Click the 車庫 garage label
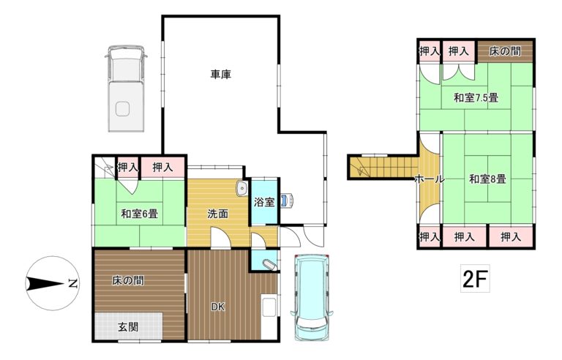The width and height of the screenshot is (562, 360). coord(220,74)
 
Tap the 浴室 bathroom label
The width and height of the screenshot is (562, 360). coord(264,202)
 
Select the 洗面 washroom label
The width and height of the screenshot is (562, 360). coord(218,214)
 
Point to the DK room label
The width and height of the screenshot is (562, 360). coord(217,307)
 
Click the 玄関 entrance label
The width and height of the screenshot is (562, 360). coord(128,326)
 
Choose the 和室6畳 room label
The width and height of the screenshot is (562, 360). coord(140,214)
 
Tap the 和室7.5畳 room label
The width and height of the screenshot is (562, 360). coord(476,97)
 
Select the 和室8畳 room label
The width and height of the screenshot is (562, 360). coord(487,179)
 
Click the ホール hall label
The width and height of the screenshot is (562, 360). coord(430,179)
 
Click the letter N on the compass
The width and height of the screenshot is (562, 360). coord(73,283)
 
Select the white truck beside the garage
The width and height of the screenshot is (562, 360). coord(126,89)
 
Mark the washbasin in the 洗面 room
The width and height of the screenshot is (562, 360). coord(242,189)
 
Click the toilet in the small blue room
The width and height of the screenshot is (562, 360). coord(269,265)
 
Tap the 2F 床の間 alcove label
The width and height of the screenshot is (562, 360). coord(505,51)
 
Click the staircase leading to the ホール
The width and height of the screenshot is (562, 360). coord(383,168)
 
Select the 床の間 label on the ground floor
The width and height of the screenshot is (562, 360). coord(128,280)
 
